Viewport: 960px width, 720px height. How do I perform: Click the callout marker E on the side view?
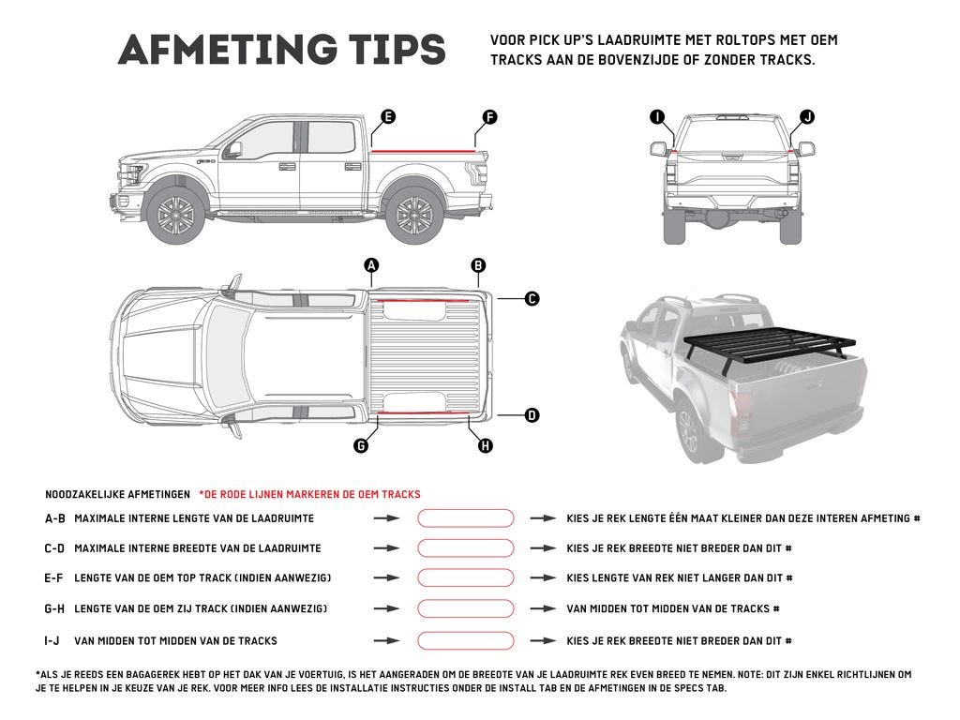coord(388,117)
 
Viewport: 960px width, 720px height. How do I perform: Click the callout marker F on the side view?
coord(489,117)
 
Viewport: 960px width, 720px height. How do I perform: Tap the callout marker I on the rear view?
coord(657,117)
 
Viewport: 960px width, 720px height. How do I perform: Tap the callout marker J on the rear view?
coord(807,117)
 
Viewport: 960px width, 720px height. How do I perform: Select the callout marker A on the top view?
coord(372,265)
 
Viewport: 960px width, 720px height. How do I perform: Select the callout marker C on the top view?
coord(532,299)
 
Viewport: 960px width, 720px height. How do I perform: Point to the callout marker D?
coord(532,414)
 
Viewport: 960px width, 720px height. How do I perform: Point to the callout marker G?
coord(361,445)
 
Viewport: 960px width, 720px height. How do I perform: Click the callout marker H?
coord(486,445)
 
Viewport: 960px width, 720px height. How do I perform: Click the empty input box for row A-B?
coord(466,518)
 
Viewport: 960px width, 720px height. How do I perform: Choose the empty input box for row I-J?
coord(466,641)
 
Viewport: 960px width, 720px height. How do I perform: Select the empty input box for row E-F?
coord(466,578)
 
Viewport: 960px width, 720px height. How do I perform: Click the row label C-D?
coord(54,548)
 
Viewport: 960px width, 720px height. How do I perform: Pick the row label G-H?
coord(54,609)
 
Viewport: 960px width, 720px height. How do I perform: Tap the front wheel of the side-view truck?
coord(174,215)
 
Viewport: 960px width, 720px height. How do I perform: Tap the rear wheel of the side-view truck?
coord(413,215)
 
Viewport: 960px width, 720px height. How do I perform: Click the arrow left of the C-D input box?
coord(386,548)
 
